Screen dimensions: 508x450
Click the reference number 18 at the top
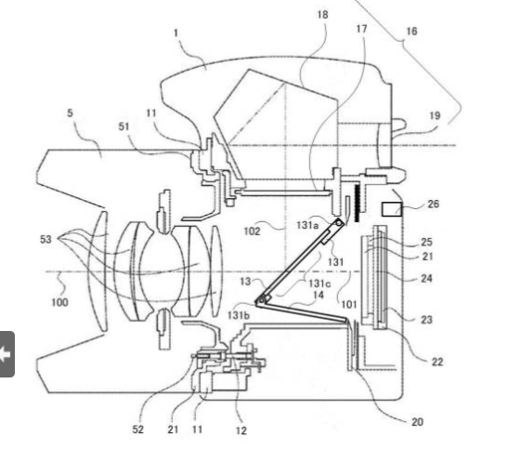click(x=322, y=15)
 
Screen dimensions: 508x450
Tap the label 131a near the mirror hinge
click(x=307, y=225)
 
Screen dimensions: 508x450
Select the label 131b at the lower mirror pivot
click(x=239, y=314)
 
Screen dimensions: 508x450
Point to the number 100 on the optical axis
click(x=60, y=302)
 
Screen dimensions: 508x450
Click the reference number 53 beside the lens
click(x=46, y=240)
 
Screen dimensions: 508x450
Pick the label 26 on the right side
click(x=433, y=204)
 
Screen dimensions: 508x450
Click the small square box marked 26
click(x=392, y=209)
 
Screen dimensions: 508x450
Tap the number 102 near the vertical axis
click(x=252, y=232)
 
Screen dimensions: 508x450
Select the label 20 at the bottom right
click(x=417, y=422)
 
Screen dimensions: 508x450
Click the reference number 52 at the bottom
click(x=137, y=430)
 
